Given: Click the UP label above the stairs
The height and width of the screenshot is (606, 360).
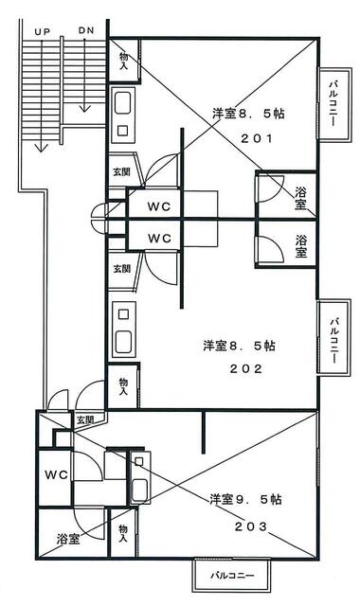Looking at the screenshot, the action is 42,31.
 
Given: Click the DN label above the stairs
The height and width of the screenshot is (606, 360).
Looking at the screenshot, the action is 86,30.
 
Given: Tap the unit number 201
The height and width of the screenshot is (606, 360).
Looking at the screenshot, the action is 257,138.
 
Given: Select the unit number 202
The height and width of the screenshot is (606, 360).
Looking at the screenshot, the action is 246,368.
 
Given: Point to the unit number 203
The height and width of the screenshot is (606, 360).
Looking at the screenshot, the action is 251,526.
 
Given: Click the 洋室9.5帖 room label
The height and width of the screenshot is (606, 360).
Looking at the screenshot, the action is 245,499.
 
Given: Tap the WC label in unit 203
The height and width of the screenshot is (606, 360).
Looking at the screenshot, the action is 57,474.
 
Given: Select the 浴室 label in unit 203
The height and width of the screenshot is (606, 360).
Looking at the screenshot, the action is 68,539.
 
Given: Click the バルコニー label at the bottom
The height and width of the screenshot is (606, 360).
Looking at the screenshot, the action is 232,576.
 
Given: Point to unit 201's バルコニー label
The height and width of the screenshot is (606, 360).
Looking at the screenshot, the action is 333,103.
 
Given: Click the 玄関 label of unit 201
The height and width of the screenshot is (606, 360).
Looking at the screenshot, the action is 121,172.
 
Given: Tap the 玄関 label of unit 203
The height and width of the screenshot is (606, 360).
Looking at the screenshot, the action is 85,420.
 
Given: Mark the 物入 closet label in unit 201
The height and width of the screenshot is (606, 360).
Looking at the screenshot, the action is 124,61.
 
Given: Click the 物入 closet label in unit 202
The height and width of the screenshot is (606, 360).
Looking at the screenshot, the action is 124,386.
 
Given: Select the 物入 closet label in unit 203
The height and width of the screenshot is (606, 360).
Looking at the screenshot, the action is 123,533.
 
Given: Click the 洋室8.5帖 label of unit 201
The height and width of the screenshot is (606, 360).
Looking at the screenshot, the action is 248,114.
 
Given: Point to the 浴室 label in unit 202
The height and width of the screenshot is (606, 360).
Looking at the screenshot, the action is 301,246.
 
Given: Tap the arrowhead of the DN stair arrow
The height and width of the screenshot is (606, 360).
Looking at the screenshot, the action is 84,108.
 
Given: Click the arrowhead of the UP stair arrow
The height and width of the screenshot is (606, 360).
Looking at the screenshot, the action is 41,148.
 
